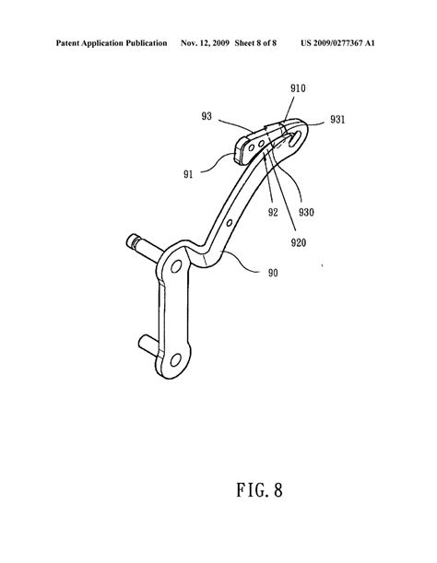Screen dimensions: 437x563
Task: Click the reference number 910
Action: pos(298,88)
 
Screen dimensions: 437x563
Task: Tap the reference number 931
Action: pos(337,119)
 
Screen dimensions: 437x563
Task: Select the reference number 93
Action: pos(207,116)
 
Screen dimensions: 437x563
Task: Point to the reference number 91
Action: pos(188,174)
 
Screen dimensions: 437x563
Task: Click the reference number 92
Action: pos(273,212)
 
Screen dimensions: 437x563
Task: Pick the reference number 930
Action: pos(306,212)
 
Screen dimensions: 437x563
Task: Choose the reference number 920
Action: pos(299,242)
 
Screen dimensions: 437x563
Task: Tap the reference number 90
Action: pos(273,273)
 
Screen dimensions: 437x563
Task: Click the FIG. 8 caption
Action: pos(259,490)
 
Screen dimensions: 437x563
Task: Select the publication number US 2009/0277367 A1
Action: pos(337,43)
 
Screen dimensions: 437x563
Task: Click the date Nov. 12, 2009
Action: pos(205,43)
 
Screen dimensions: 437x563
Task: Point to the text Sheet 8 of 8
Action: pos(255,43)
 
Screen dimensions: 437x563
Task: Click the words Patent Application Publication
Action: pos(112,43)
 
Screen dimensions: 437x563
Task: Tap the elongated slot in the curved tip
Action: pos(295,138)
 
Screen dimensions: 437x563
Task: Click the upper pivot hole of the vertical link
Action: pos(176,266)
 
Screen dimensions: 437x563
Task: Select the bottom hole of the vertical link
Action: pos(175,359)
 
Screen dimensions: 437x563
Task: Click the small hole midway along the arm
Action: pos(230,223)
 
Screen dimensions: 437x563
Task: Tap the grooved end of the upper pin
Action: pos(132,240)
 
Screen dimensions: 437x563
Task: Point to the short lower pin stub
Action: pos(148,344)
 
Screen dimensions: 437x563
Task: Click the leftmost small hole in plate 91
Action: pos(252,147)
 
